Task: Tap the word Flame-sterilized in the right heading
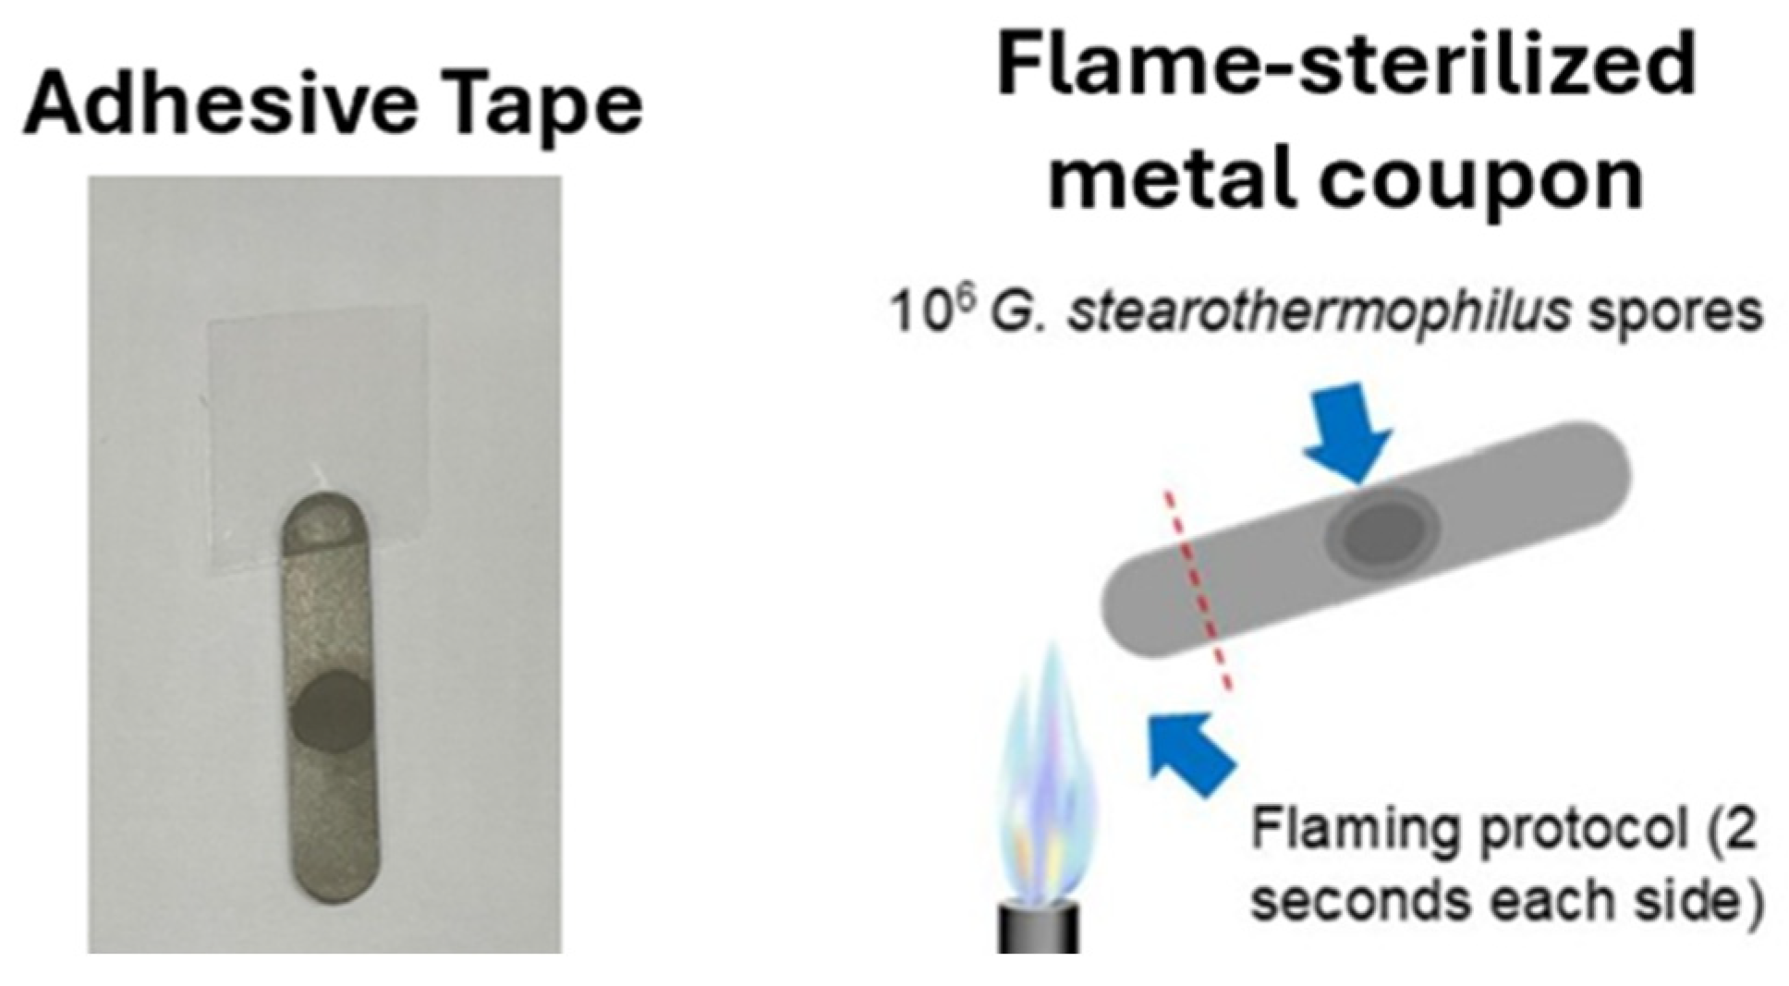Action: tap(1345, 65)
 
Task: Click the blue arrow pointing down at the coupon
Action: tap(1349, 430)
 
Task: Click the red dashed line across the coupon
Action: tap(1199, 591)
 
